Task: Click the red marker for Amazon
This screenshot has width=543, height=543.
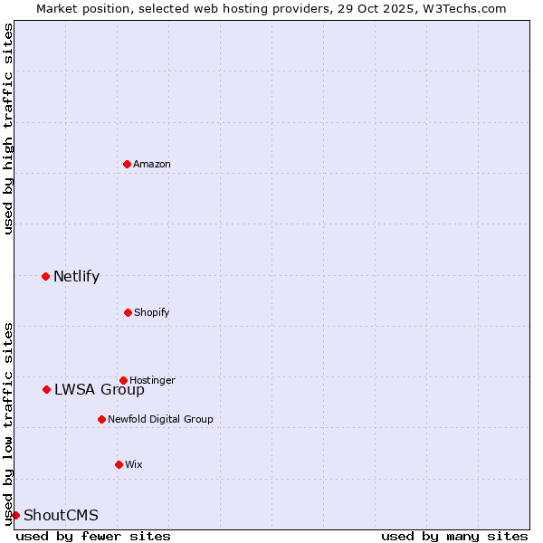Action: click(x=128, y=164)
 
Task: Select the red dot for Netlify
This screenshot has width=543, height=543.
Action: click(x=46, y=276)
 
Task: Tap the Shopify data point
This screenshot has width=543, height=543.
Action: click(x=128, y=312)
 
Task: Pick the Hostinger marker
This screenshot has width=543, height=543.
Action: click(x=124, y=380)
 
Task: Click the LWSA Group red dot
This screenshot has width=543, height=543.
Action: click(x=47, y=389)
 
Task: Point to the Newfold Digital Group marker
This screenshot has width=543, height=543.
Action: click(x=101, y=419)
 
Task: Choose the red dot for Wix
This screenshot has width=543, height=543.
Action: click(x=119, y=464)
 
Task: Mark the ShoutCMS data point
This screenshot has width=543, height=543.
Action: click(x=15, y=515)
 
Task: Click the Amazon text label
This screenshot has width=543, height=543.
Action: click(x=152, y=164)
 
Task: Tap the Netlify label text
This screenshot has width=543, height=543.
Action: click(x=76, y=276)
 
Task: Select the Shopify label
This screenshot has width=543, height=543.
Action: click(x=152, y=312)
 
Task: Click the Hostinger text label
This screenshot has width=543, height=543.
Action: click(x=152, y=380)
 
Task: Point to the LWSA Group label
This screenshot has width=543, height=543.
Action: click(x=99, y=390)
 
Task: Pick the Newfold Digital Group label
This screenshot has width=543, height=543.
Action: click(x=160, y=419)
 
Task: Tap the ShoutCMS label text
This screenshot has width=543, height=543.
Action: click(x=61, y=516)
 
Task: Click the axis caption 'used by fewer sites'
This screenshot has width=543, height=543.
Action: click(x=93, y=536)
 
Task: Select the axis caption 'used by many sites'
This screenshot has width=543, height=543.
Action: click(x=454, y=536)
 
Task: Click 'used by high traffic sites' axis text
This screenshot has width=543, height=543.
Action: click(x=8, y=129)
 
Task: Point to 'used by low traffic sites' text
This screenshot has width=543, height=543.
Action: click(x=8, y=424)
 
